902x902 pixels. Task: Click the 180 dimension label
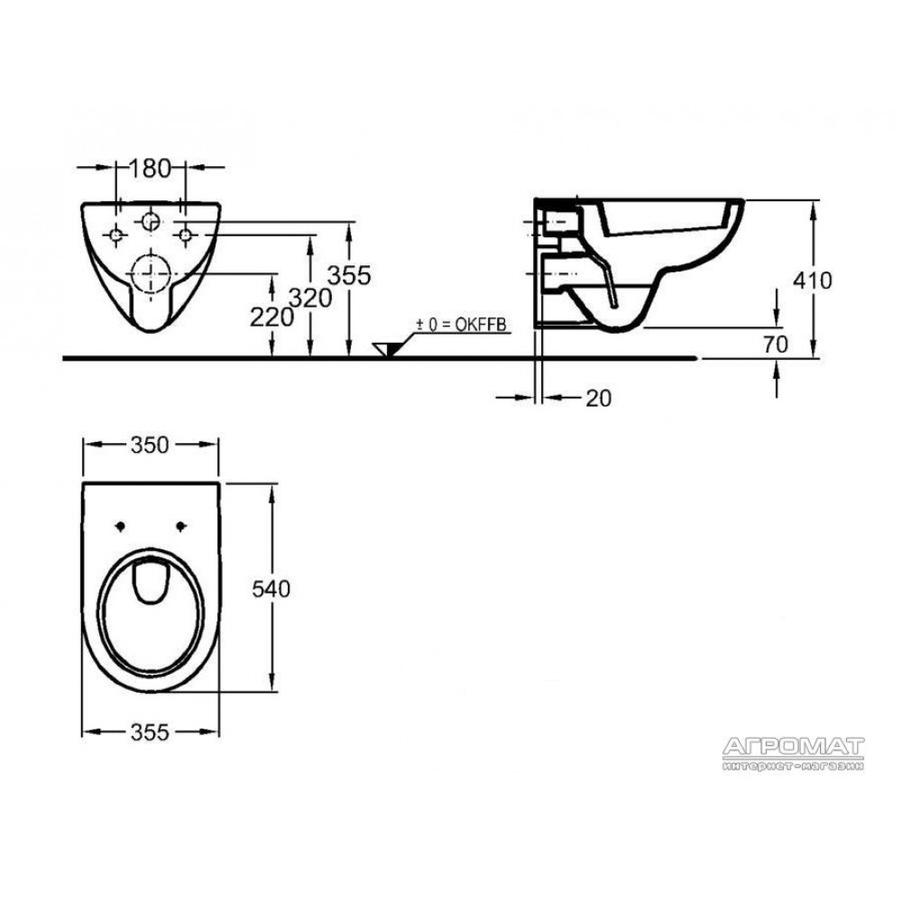coord(150,169)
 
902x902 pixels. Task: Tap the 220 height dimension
coord(272,317)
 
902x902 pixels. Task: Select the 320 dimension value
coord(310,298)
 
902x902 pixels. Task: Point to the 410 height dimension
coord(813,281)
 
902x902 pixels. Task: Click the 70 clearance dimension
coord(776,345)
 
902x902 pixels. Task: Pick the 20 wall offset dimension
coord(598,398)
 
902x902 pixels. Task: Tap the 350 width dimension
coord(150,445)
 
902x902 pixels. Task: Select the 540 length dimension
coord(271,589)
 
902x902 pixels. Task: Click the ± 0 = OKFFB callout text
coord(461,325)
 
